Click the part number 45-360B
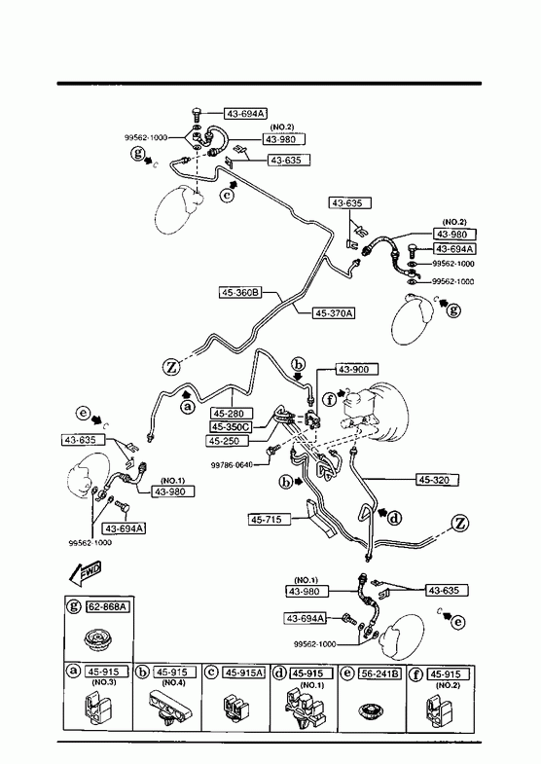240,293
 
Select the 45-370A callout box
334,312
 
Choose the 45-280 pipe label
232,414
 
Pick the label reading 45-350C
232,427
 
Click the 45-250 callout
228,441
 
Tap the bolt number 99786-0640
232,465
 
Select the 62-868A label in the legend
108,606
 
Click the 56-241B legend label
379,673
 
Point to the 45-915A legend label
244,673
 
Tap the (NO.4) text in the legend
173,683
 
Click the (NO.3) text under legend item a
104,682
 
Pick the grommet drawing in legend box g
96,639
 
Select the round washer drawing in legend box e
372,713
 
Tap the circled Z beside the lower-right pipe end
460,524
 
